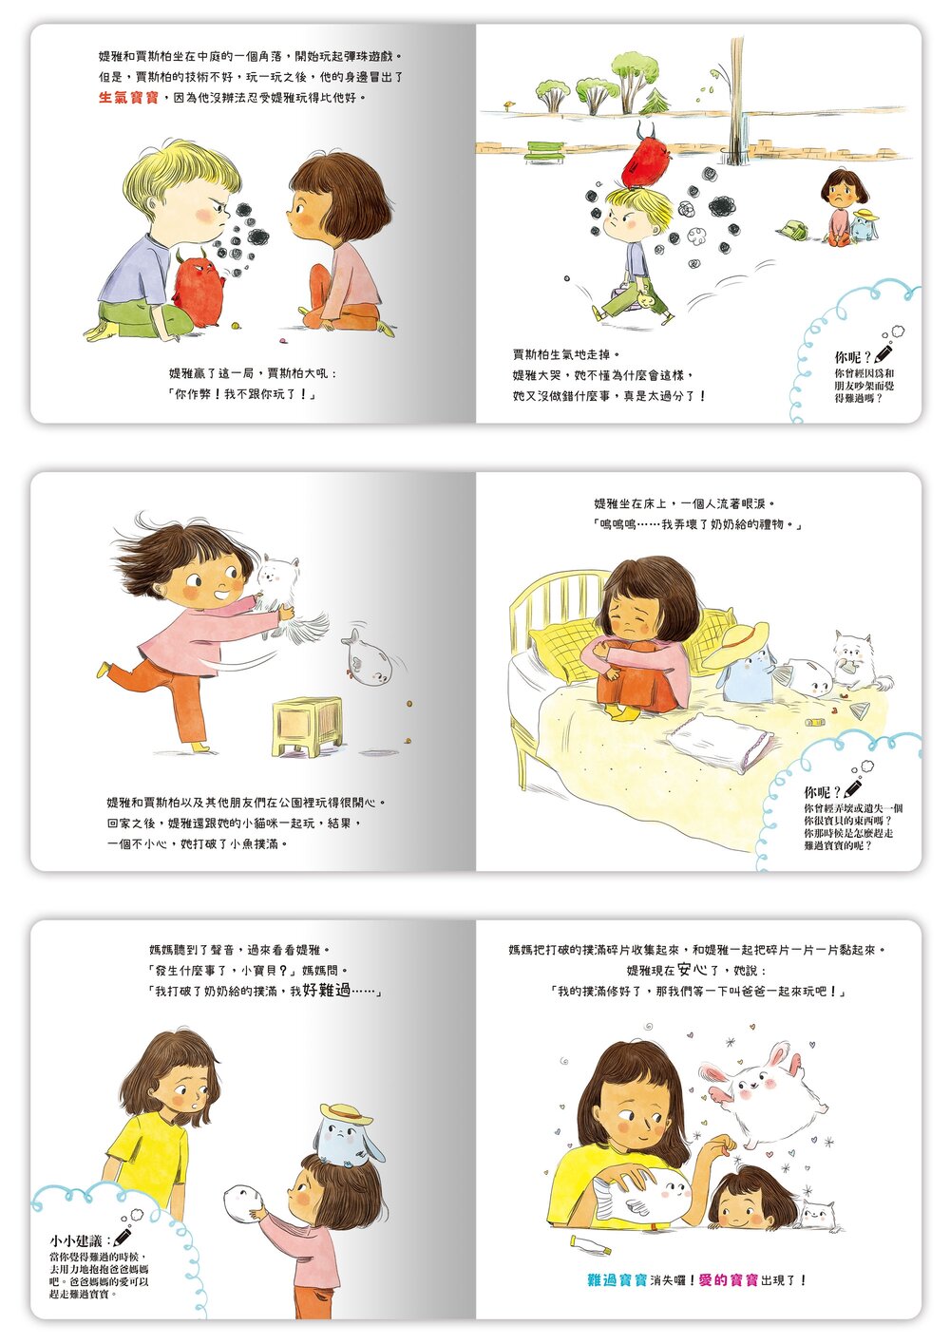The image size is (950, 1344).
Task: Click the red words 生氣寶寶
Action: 128,98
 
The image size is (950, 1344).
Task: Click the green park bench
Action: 543,151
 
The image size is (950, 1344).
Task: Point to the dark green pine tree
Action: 656,101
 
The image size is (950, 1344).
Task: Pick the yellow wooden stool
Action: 308,725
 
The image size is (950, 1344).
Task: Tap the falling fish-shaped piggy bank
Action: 368,659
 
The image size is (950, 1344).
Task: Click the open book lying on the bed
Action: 720,740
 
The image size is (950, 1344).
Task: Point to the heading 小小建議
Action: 80,1240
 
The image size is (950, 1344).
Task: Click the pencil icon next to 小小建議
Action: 123,1237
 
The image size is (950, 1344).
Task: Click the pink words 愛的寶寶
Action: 729,1280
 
